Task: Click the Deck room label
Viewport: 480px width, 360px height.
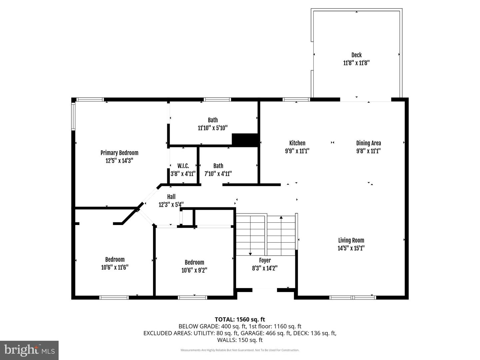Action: click(356, 55)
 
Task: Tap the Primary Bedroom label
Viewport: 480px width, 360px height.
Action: click(119, 153)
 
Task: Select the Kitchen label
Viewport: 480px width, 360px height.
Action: click(297, 143)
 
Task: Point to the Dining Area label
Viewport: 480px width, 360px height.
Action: click(368, 143)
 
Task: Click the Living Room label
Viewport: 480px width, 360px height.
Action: click(351, 240)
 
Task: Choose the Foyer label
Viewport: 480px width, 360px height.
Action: click(265, 260)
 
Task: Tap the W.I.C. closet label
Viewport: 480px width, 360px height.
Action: click(183, 166)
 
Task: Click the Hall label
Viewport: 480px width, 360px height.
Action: click(171, 197)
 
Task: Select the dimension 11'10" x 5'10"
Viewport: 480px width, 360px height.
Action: click(213, 128)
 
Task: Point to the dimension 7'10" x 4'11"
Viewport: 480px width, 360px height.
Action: click(218, 174)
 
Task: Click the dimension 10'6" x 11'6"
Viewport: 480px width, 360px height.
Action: click(115, 267)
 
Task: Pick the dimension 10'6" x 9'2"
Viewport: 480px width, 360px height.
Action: click(194, 270)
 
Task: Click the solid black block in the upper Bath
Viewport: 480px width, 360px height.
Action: click(245, 140)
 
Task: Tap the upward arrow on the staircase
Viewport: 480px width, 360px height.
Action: click(281, 218)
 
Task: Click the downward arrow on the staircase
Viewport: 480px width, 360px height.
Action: click(250, 254)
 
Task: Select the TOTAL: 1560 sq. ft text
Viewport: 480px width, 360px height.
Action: click(240, 319)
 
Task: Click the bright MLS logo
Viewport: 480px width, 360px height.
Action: click(29, 350)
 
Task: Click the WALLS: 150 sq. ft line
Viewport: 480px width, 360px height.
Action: click(240, 340)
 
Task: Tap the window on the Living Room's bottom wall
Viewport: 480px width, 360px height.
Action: click(353, 297)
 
